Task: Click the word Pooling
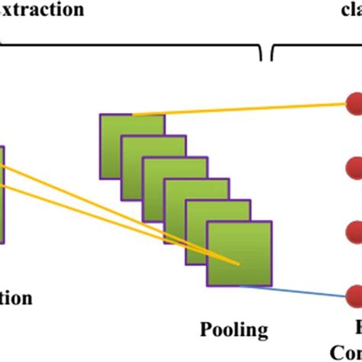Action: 234,330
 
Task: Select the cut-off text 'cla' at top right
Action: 351,10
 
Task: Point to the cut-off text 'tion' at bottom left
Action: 16,298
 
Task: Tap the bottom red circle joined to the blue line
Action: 354,295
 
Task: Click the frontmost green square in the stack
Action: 240,254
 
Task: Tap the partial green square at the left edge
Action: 2,195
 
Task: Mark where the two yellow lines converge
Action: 238,264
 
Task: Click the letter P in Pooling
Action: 205,329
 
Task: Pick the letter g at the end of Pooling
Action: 263,332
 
